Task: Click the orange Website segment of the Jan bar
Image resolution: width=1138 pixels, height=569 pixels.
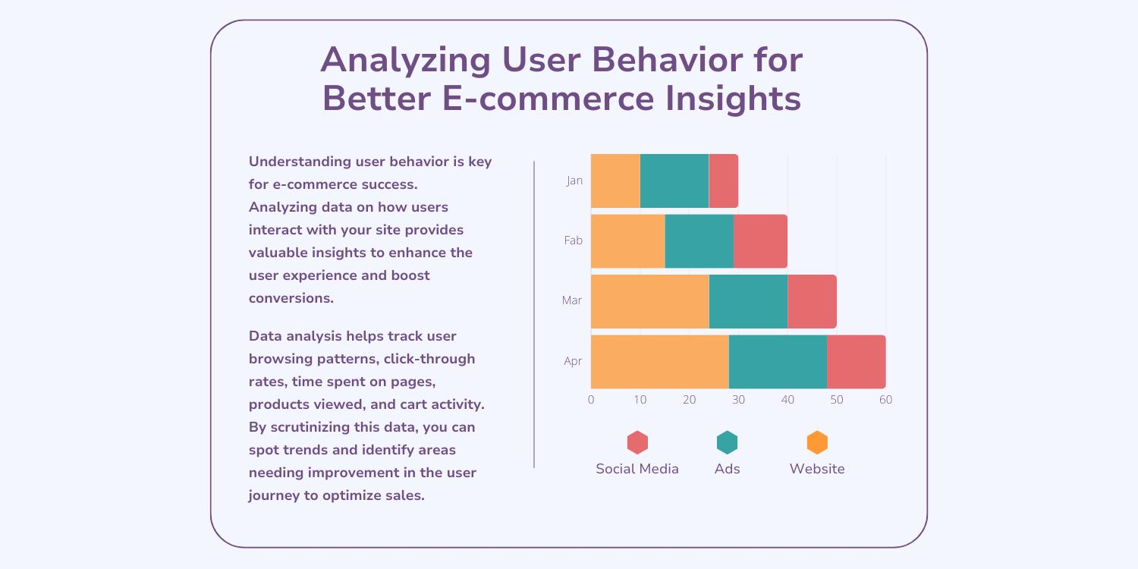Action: tap(615, 181)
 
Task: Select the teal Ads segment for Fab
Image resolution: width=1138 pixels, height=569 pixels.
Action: tap(699, 241)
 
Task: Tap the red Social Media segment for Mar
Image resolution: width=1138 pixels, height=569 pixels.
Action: tap(812, 301)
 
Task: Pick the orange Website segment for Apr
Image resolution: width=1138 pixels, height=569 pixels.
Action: tap(659, 362)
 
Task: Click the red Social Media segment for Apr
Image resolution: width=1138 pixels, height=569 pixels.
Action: tap(856, 362)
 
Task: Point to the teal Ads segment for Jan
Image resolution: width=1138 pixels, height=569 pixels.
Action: tap(674, 181)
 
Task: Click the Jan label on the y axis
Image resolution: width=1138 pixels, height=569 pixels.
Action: tap(574, 181)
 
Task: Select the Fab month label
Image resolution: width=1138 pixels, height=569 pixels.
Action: tap(573, 240)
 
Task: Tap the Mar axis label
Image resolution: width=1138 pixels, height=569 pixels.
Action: tap(572, 300)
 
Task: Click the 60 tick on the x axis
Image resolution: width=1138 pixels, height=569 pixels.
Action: tap(885, 400)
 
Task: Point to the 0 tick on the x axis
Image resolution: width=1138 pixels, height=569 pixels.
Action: tap(591, 400)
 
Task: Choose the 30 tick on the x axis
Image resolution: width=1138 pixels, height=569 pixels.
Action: tap(738, 400)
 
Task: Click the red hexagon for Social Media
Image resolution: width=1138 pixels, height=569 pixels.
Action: tap(637, 442)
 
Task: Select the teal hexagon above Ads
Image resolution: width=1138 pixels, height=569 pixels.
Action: tap(727, 442)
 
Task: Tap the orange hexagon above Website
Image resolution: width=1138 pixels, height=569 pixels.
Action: tap(817, 442)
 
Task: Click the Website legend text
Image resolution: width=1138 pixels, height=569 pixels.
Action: tap(817, 469)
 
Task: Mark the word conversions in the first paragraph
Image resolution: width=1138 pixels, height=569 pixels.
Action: tap(291, 298)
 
